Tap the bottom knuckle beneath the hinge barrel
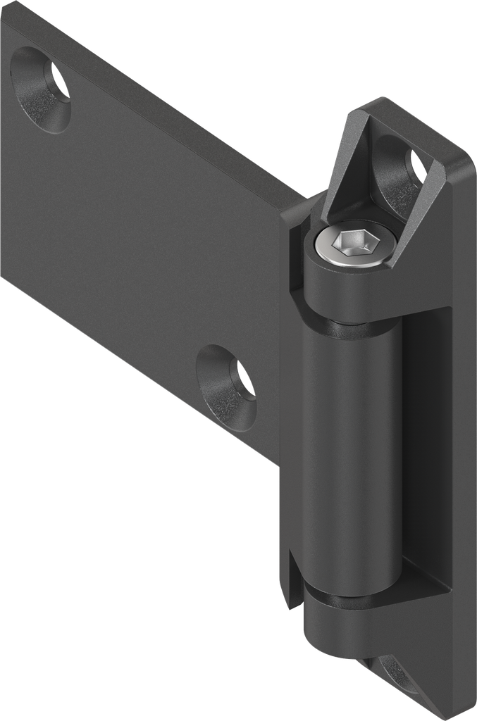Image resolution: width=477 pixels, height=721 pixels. coord(335,627)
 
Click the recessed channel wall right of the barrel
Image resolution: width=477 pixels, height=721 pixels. coord(423,451)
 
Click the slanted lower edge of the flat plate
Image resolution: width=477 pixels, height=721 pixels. coord(141,373)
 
